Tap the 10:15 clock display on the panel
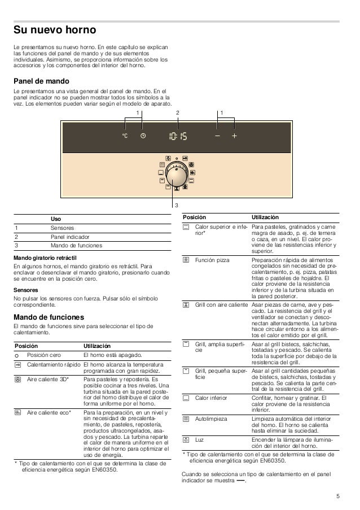(x=178, y=137)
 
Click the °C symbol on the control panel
(x=125, y=137)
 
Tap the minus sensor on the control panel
(x=217, y=137)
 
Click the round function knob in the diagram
(x=177, y=175)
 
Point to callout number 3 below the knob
(x=176, y=205)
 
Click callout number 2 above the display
(x=177, y=112)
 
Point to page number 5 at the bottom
(x=337, y=496)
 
